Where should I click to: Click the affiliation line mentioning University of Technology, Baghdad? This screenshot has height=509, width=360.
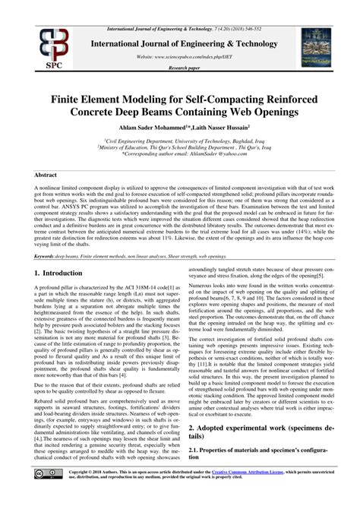pos(180,141)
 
